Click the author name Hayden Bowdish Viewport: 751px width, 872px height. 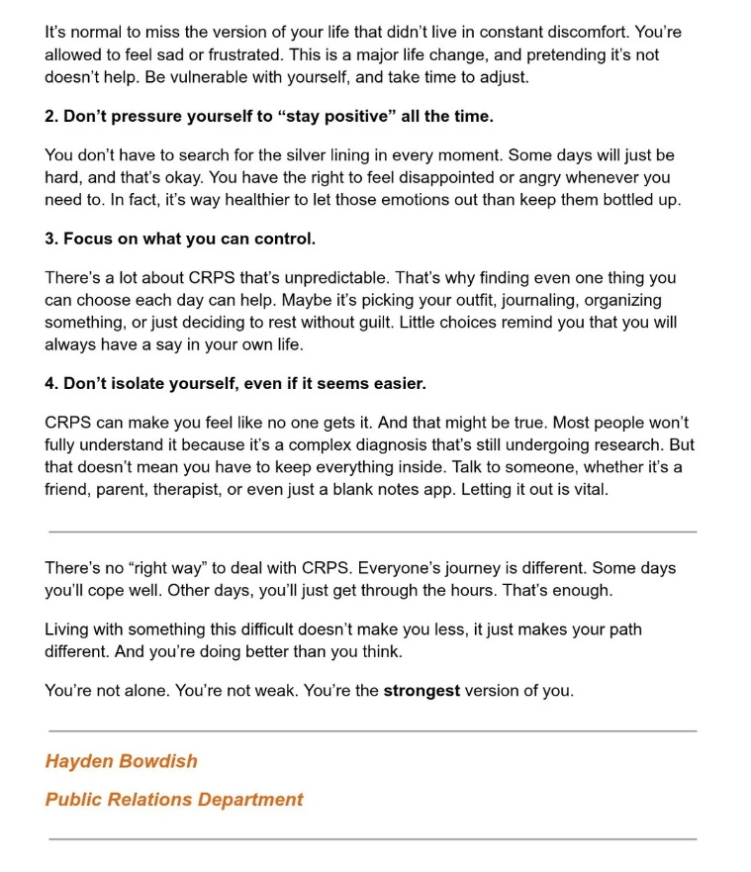(x=121, y=761)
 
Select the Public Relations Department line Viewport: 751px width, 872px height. (x=174, y=800)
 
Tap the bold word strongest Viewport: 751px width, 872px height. (x=422, y=691)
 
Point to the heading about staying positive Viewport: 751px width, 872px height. (x=268, y=117)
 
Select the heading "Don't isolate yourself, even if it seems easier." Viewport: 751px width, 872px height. (x=235, y=383)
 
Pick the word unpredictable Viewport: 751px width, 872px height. (x=371, y=278)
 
